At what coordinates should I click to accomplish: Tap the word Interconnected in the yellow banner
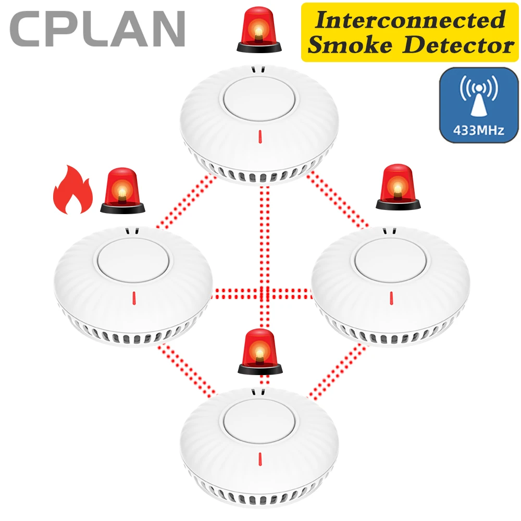click(408, 20)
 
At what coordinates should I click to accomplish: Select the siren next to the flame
click(122, 192)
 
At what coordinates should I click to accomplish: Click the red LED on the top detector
click(260, 137)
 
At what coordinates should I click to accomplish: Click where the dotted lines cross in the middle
click(264, 292)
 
